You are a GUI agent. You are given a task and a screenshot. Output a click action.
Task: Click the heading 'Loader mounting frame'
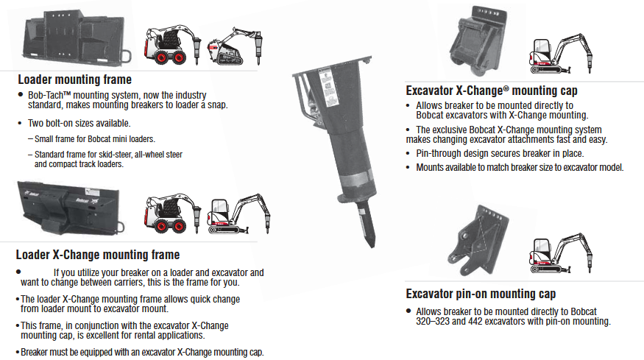pos(74,80)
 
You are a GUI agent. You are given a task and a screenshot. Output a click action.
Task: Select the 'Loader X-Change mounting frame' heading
pos(97,255)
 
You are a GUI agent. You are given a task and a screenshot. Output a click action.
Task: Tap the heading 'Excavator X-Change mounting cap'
pos(492,91)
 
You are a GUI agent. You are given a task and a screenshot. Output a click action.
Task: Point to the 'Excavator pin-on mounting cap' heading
pos(481,293)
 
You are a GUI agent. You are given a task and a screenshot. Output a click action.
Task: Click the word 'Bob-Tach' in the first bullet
pos(50,96)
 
